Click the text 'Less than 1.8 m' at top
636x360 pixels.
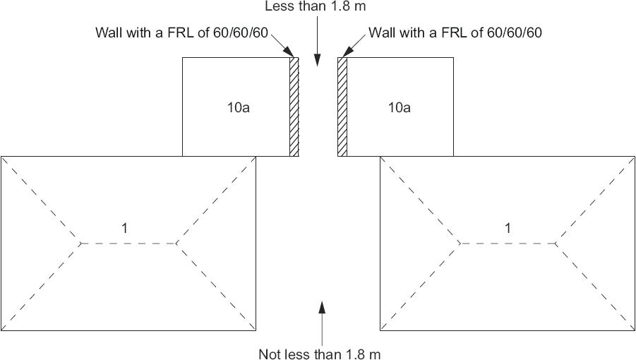[315, 6]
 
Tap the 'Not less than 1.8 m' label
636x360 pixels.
[320, 354]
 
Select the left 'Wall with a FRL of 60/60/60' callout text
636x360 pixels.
[181, 32]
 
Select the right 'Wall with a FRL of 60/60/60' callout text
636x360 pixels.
[455, 32]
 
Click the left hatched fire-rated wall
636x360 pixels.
[294, 107]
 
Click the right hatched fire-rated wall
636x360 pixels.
[342, 107]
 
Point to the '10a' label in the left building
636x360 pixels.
[238, 107]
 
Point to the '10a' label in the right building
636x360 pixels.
[399, 107]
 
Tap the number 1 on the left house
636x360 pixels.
[124, 228]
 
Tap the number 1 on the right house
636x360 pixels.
[508, 228]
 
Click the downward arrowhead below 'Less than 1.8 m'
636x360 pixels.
[318, 60]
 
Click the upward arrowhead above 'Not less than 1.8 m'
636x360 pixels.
[322, 308]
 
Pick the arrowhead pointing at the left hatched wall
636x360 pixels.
[289, 52]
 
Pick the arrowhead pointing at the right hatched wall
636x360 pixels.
[347, 52]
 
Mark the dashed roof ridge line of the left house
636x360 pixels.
[128, 244]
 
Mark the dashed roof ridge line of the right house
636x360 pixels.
[508, 244]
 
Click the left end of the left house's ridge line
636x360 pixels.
[80, 244]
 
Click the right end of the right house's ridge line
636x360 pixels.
[556, 244]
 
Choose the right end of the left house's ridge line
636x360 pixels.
[176, 244]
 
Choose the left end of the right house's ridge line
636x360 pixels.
[460, 244]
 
